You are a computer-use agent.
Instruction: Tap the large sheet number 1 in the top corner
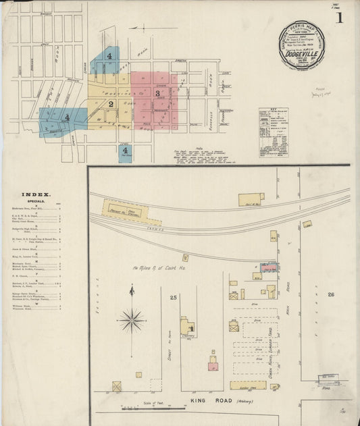[x=340, y=18]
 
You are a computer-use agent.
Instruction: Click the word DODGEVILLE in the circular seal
[x=301, y=57]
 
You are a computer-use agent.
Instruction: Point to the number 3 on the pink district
[x=157, y=93]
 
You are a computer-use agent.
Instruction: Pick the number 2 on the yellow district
[x=111, y=104]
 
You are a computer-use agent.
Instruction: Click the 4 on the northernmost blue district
[x=108, y=56]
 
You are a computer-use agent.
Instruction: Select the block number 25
[x=174, y=297]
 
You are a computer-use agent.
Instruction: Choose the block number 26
[x=331, y=294]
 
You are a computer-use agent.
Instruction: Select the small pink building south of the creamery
[x=213, y=367]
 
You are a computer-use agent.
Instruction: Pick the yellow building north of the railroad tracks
[x=251, y=200]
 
